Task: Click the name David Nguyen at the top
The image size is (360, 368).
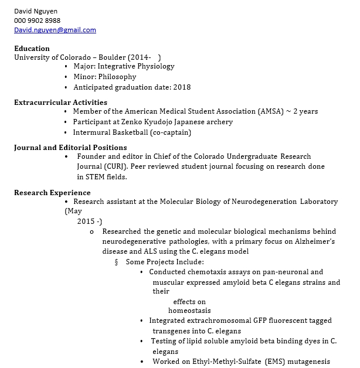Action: tap(36, 11)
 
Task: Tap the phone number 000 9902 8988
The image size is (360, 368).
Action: tap(38, 21)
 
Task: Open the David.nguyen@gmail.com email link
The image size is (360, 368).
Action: tap(55, 30)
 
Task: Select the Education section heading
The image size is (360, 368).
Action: tap(32, 48)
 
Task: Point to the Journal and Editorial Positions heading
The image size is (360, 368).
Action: tap(70, 148)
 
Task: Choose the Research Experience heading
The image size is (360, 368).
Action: tap(52, 192)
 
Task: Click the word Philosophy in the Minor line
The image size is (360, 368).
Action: tap(117, 77)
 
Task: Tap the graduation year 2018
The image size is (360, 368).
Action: tap(182, 87)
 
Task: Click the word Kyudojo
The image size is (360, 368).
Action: tap(159, 122)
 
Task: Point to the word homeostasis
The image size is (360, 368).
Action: tap(189, 311)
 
